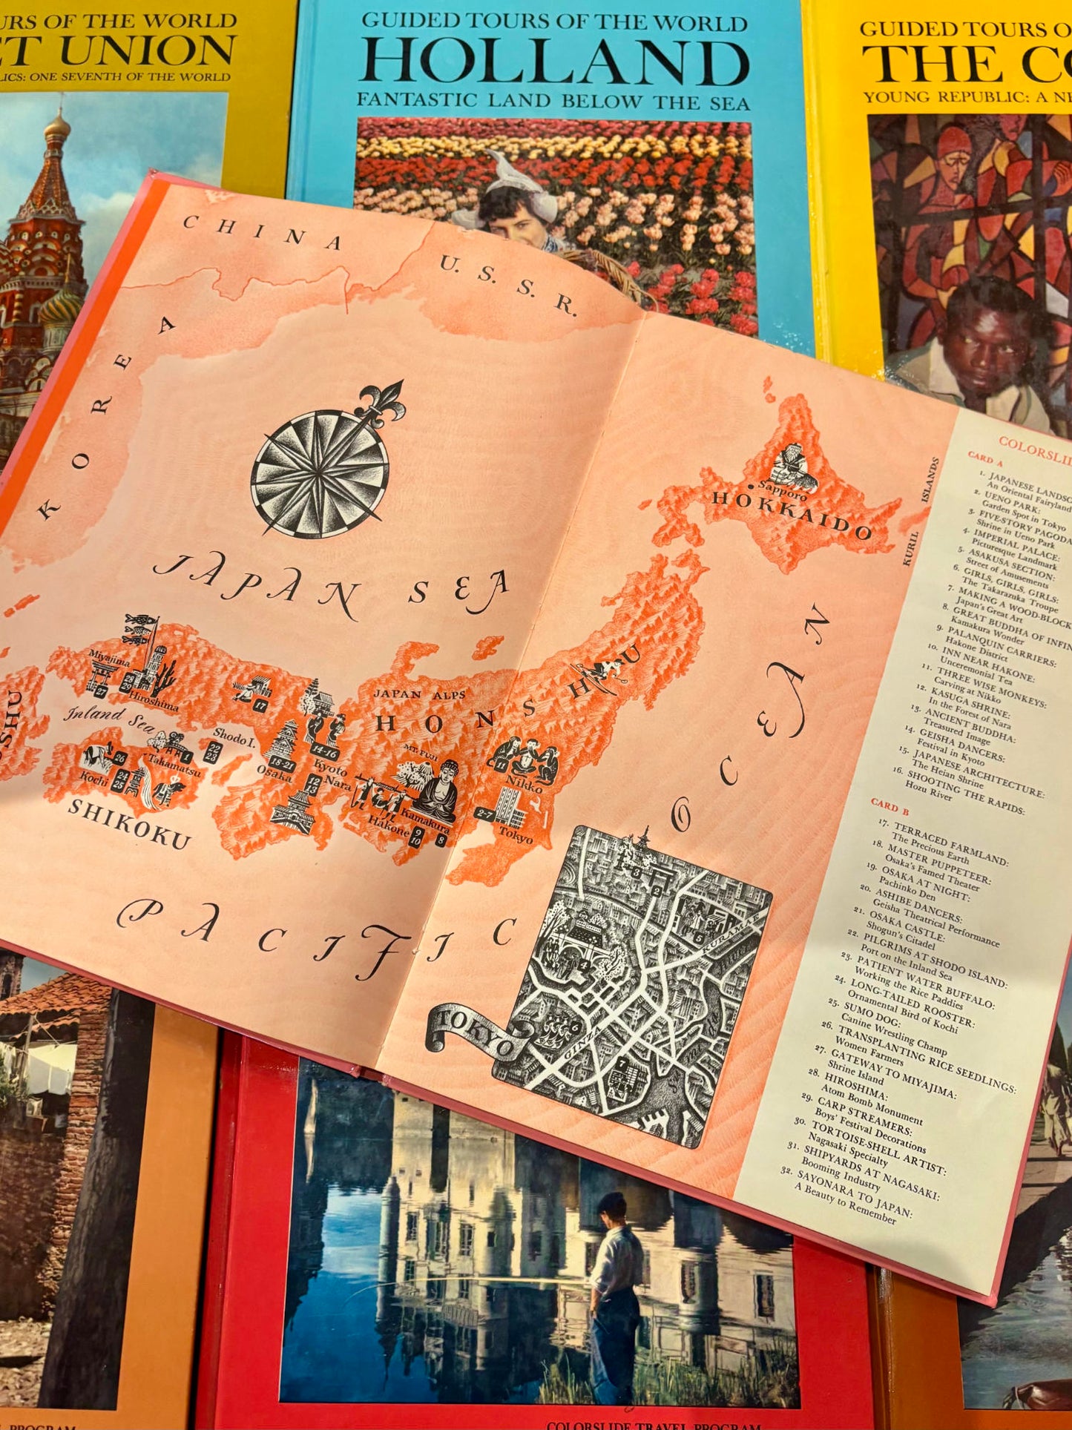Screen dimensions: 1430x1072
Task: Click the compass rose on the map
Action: pos(320,469)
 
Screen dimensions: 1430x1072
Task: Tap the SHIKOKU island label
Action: pos(129,823)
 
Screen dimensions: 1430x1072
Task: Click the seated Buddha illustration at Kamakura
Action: pos(438,791)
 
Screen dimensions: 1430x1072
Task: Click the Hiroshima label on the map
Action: pos(153,701)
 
